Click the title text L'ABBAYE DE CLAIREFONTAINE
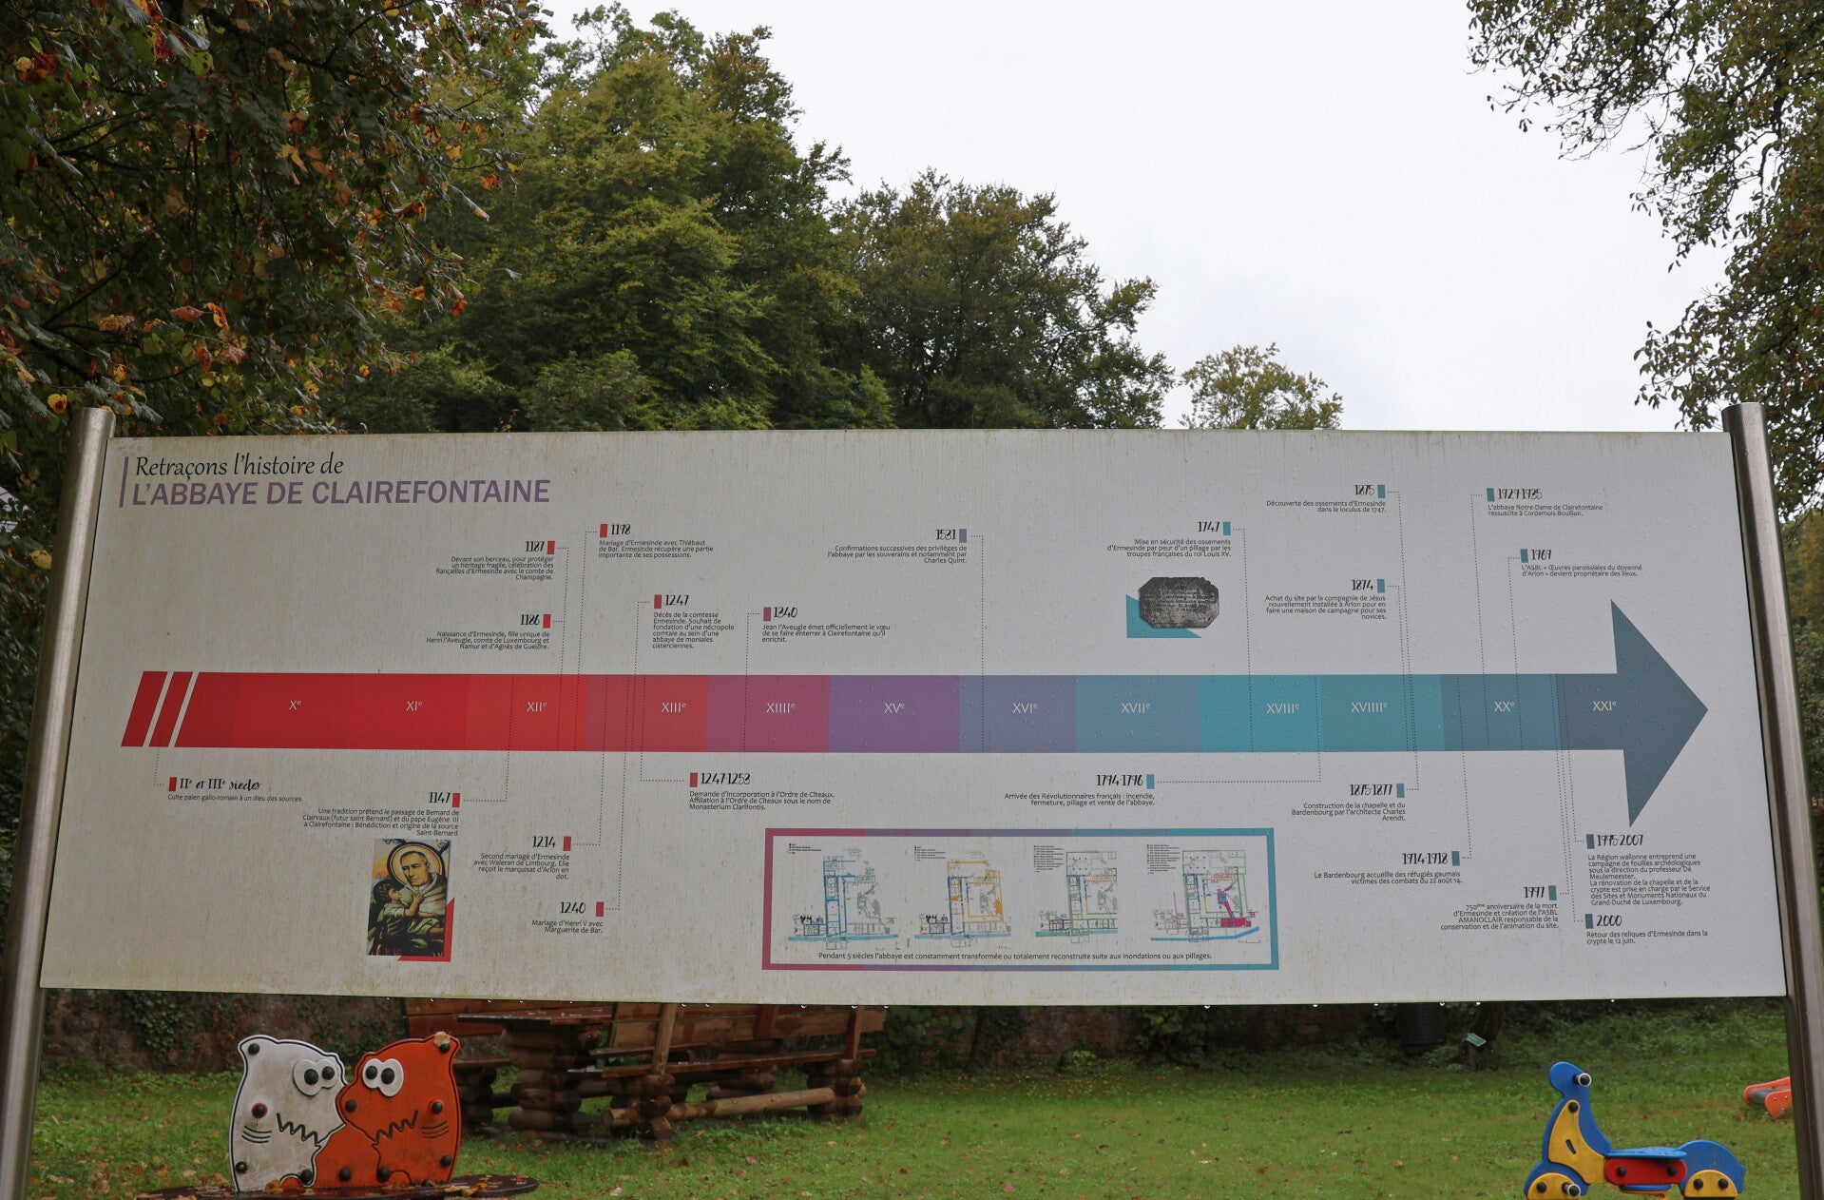[340, 492]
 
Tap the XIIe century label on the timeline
[536, 706]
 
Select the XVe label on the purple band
[893, 707]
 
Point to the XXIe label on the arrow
[1603, 706]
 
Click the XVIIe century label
[1135, 707]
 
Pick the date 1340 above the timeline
[785, 613]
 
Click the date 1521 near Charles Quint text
[945, 535]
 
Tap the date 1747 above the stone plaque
[1208, 528]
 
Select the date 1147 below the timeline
[438, 799]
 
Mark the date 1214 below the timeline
[545, 842]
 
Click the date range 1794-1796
[1119, 781]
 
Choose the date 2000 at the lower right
[1608, 920]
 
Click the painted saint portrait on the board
[410, 897]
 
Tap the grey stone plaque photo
[1178, 602]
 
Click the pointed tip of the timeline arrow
[1704, 709]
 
